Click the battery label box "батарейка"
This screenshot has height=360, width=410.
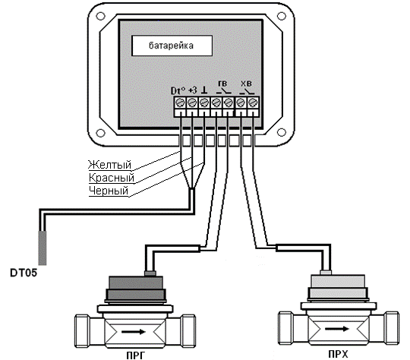172,46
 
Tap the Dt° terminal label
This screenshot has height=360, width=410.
178,90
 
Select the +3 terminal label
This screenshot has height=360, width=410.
192,90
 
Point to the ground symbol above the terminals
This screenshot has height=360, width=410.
204,90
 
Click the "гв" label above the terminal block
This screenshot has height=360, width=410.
222,84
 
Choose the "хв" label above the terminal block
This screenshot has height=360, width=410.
246,84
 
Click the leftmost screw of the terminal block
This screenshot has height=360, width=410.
181,103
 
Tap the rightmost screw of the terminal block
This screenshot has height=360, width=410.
253,103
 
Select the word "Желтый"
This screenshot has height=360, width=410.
109,165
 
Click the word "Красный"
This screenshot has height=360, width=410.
112,178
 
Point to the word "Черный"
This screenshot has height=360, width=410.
109,191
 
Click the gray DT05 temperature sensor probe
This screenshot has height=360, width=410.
43,248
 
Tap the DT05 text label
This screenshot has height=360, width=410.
24,273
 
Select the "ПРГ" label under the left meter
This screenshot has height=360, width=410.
135,355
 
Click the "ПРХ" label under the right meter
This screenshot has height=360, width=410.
339,355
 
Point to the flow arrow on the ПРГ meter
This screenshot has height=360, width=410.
134,332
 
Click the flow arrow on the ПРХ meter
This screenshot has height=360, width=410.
337,329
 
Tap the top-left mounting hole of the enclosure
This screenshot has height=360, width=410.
101,17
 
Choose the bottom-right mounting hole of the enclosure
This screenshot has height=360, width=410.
282,133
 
